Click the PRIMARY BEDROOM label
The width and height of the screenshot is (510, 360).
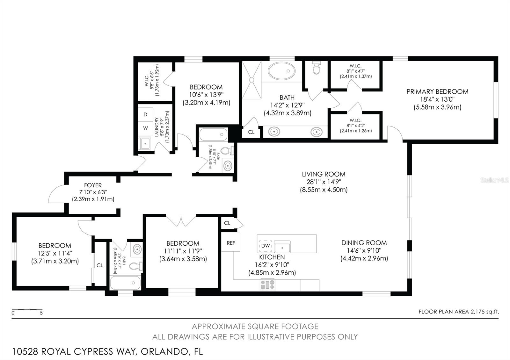click(437, 92)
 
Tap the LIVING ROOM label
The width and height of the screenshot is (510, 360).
click(324, 174)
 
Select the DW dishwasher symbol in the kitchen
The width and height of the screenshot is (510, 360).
click(266, 246)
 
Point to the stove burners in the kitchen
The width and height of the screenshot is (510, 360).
click(267, 285)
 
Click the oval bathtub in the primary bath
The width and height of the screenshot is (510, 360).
click(282, 71)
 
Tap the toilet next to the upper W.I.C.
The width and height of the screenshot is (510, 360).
click(316, 67)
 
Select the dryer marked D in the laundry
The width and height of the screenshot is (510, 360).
click(145, 114)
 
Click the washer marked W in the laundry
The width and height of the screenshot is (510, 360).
click(145, 128)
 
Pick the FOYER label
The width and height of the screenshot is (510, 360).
click(93, 185)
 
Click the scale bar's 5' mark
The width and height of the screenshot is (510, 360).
click(42, 313)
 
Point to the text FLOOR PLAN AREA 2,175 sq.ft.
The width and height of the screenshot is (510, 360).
click(459, 312)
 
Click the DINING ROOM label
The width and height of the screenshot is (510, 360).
click(364, 243)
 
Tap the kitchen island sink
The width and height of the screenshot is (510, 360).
click(282, 247)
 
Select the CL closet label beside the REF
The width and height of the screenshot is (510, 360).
click(227, 223)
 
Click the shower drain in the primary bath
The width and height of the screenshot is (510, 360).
click(251, 80)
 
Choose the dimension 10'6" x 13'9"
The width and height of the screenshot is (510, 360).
click(206, 95)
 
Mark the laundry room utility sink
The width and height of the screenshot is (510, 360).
click(144, 143)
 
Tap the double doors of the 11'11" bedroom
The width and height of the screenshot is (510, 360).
click(181, 221)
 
